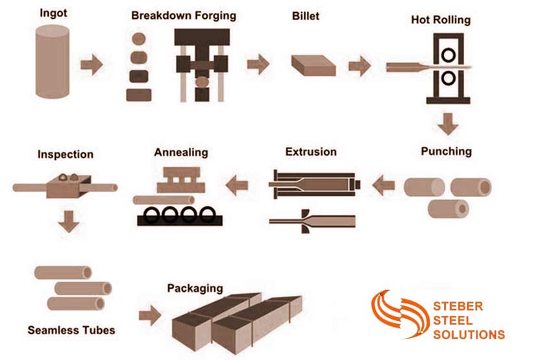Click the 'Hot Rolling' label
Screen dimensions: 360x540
point(441,19)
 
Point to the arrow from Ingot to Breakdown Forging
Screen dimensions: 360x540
point(92,64)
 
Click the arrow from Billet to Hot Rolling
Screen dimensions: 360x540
point(359,65)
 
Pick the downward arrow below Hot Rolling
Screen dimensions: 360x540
point(447,123)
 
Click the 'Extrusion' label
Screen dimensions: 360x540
point(311,152)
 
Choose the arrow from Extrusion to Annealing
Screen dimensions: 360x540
point(237,186)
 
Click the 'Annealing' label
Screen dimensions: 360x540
point(181,152)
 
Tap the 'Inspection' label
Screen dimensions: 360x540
point(65,154)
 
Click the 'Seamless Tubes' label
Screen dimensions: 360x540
point(71,330)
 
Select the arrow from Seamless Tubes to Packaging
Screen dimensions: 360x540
point(150,316)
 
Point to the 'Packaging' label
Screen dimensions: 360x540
point(195,288)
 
